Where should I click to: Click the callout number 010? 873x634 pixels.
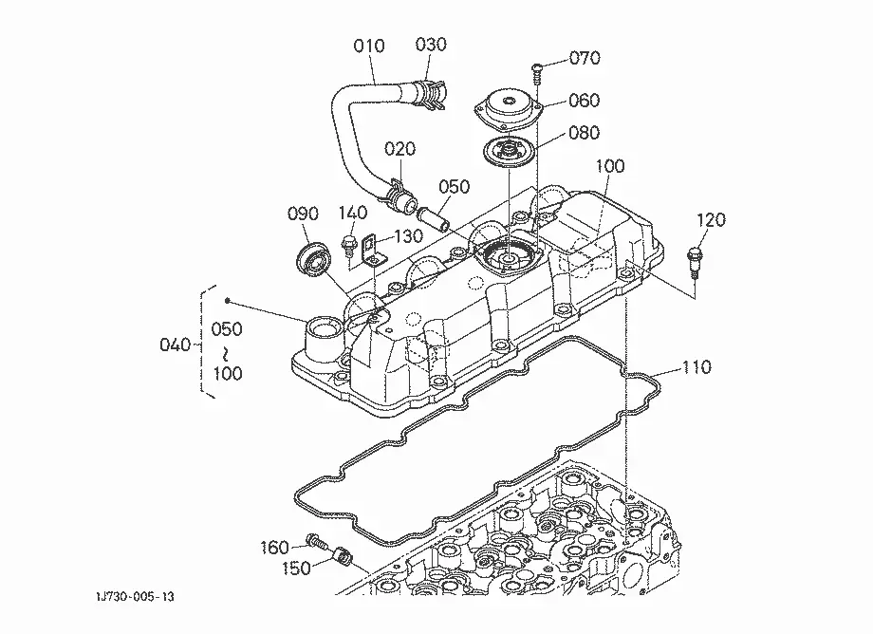[368, 46]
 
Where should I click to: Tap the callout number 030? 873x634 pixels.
[431, 45]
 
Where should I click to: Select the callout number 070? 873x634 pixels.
[585, 58]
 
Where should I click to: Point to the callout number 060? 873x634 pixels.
[584, 101]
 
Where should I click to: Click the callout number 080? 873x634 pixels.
[584, 133]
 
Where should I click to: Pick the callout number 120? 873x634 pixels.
[711, 220]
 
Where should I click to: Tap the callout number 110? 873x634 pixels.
[697, 367]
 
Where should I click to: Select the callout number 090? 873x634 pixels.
[303, 214]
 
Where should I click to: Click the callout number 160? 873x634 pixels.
[274, 548]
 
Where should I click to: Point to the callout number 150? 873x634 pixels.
[296, 569]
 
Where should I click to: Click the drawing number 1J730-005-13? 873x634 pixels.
[135, 597]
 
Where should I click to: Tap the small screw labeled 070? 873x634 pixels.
[537, 73]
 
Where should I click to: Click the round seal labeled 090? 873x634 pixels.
[313, 258]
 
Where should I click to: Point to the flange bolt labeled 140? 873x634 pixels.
[348, 245]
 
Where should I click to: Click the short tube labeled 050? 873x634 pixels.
[434, 217]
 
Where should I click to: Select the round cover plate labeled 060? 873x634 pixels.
[508, 110]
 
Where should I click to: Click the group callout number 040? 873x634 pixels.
[175, 345]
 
